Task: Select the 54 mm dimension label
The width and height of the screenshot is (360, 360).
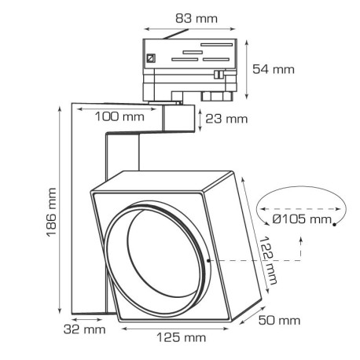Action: (274, 69)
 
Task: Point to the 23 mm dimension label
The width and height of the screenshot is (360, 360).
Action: (226, 119)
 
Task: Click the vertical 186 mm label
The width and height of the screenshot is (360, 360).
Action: (31, 211)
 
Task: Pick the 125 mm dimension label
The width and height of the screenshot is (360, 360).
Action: (182, 338)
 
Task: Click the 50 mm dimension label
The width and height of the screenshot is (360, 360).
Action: (279, 320)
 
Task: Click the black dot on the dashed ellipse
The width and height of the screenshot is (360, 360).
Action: (335, 226)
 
